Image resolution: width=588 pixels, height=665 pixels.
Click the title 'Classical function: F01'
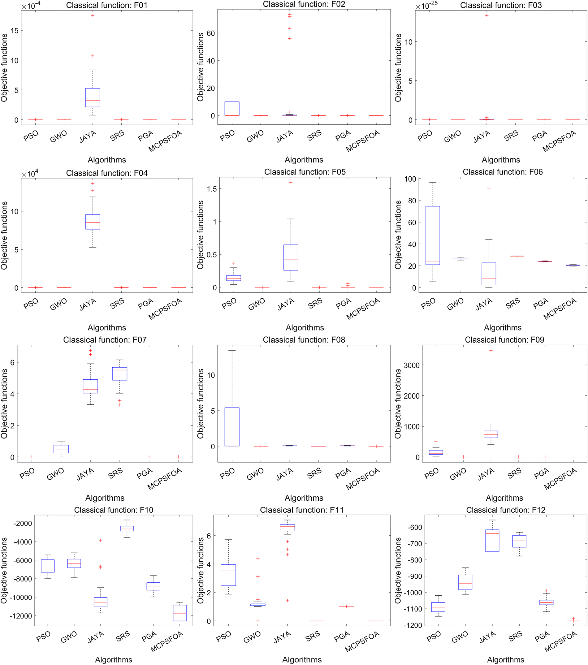pos(107,6)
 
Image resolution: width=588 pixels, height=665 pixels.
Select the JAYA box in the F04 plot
pos(93,222)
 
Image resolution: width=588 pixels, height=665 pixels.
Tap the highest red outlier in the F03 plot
pos(487,15)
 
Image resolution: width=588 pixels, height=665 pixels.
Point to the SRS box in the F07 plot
pos(120,374)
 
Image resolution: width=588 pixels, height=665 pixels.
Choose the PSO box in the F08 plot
pos(232,427)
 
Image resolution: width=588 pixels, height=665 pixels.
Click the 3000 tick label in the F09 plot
pos(412,365)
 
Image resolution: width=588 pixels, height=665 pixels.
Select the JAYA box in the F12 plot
pos(492,541)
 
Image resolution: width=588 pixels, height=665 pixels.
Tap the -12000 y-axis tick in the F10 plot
pos(20,616)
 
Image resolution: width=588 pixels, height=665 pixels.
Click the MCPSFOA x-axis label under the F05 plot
pos(363,309)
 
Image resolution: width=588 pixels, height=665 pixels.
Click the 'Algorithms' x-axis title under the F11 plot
pos(302,659)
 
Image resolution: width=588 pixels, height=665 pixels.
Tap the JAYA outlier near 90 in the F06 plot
pos(489,189)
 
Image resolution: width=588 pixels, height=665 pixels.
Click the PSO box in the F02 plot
pos(232,109)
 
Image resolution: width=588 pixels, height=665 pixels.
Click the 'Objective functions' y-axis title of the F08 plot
pos(201,404)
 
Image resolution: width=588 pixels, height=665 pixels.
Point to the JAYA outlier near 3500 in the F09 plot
pos(491,350)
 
